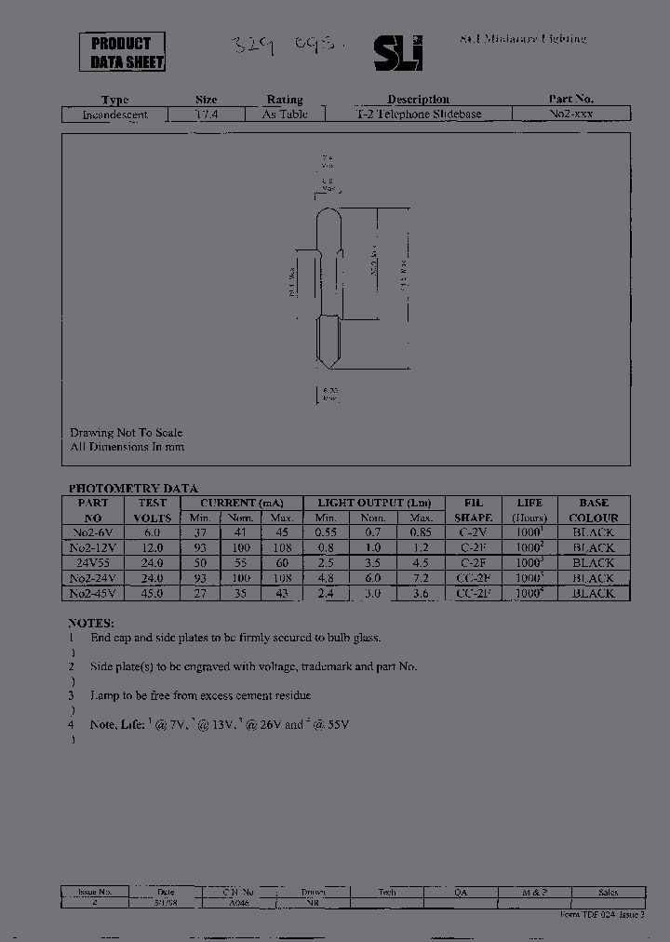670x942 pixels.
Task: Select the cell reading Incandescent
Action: [115, 114]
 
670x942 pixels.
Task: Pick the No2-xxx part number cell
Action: [571, 114]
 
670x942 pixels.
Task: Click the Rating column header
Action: [285, 100]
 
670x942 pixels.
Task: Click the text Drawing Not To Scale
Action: [126, 433]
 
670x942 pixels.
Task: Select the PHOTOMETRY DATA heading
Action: [133, 489]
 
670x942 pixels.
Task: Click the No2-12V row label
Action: [93, 547]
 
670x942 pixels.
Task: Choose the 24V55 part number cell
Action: [93, 563]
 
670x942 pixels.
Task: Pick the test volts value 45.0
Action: [152, 593]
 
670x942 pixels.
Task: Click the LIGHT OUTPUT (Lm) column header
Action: [374, 503]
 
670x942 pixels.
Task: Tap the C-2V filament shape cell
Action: [474, 532]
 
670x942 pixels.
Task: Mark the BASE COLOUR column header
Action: [593, 510]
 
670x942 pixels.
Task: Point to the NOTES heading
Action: [91, 623]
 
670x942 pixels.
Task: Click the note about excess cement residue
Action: [200, 695]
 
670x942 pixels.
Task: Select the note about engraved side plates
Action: [253, 666]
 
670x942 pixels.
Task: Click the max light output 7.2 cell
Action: [422, 578]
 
